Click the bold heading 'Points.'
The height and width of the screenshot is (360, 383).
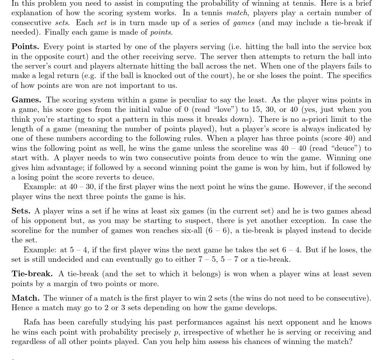coord(25,47)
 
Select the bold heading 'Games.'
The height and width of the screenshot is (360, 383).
coord(26,100)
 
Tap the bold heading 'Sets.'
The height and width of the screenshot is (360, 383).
coord(21,211)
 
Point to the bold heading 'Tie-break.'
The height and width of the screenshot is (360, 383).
coord(32,274)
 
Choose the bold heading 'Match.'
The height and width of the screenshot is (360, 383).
coord(26,298)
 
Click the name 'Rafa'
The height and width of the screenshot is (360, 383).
coord(32,322)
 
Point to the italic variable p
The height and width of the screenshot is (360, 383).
coord(176,333)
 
